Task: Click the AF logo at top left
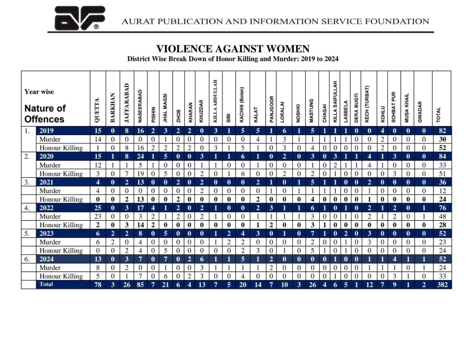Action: pyautogui.click(x=79, y=18)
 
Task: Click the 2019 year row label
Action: pyautogui.click(x=47, y=131)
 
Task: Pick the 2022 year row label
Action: pyautogui.click(x=47, y=208)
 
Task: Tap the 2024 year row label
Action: pyautogui.click(x=47, y=259)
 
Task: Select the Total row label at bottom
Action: pyautogui.click(x=46, y=284)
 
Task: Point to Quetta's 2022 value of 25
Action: pyautogui.click(x=97, y=208)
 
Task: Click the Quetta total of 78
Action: pyautogui.click(x=97, y=285)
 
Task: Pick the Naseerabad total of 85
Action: pyautogui.click(x=141, y=285)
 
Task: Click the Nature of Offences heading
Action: pyautogui.click(x=45, y=114)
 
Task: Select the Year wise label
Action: pyautogui.click(x=39, y=91)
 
